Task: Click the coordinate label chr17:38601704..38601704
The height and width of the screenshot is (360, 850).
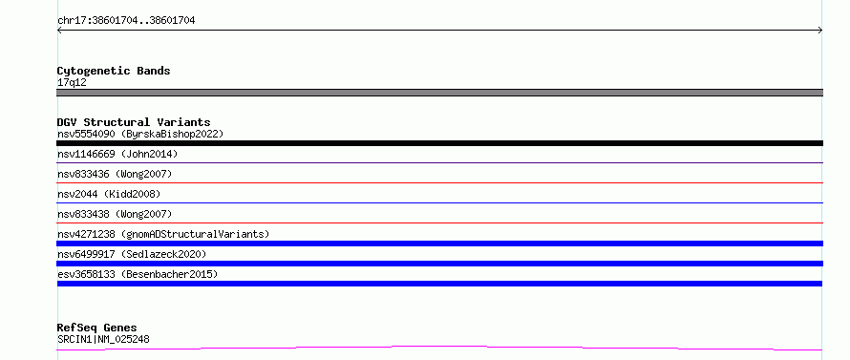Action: tap(126, 21)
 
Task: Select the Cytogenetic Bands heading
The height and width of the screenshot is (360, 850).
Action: tap(114, 71)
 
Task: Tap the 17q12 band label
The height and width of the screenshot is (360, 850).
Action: tap(72, 83)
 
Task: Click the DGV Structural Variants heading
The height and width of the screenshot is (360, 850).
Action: tap(134, 122)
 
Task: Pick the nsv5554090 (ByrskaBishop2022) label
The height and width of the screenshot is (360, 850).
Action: tap(140, 134)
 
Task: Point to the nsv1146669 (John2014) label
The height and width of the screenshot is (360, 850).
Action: tap(117, 154)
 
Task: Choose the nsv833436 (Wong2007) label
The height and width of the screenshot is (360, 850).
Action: tap(115, 174)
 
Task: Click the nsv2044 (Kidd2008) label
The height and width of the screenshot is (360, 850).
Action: tap(109, 194)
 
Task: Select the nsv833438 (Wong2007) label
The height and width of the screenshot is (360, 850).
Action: tap(115, 214)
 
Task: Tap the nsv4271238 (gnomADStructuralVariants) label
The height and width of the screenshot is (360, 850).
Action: tap(163, 234)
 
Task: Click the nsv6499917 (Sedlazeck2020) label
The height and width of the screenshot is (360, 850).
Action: tap(132, 254)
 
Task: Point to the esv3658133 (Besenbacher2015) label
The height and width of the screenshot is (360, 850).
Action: tap(138, 274)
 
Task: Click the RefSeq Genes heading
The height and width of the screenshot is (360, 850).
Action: tap(97, 328)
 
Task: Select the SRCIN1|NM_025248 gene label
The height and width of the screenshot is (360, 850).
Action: tap(103, 340)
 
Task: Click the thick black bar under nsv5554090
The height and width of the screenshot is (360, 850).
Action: tap(439, 143)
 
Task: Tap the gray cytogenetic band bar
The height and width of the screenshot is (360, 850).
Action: tap(439, 93)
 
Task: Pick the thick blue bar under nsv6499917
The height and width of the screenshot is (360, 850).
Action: tap(439, 264)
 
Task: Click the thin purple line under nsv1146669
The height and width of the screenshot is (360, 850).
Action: tap(439, 162)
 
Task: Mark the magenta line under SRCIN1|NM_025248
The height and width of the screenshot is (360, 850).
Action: tap(439, 347)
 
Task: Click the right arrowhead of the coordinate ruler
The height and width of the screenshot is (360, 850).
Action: tap(820, 31)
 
